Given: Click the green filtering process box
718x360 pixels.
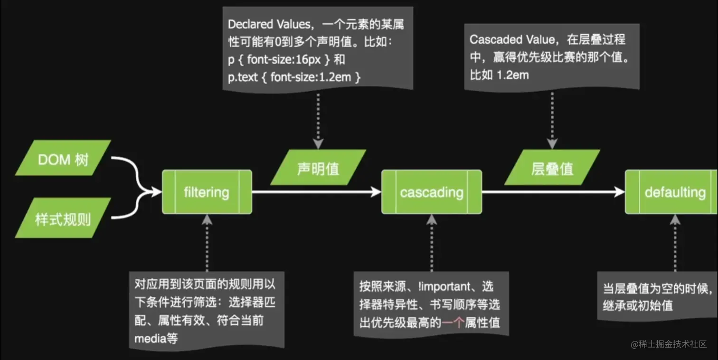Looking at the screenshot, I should (x=207, y=192).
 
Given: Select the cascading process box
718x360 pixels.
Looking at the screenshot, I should (x=432, y=192).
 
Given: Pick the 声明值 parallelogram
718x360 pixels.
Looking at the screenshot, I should (x=318, y=168).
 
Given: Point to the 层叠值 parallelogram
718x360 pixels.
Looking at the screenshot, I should (x=552, y=168).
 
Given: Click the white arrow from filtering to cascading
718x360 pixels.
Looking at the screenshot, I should (x=316, y=192).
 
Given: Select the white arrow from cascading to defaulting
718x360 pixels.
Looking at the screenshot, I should (x=553, y=192).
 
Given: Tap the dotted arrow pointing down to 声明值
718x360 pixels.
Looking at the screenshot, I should (x=318, y=119).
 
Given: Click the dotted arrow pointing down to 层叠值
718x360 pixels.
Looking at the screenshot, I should (x=552, y=119).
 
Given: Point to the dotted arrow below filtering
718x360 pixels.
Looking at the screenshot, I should (x=207, y=242).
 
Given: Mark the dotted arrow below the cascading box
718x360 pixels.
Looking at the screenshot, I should (x=432, y=242).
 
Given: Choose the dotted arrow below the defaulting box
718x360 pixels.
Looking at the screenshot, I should (x=675, y=242).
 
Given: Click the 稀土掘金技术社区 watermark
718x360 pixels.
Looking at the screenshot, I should (x=669, y=344).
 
